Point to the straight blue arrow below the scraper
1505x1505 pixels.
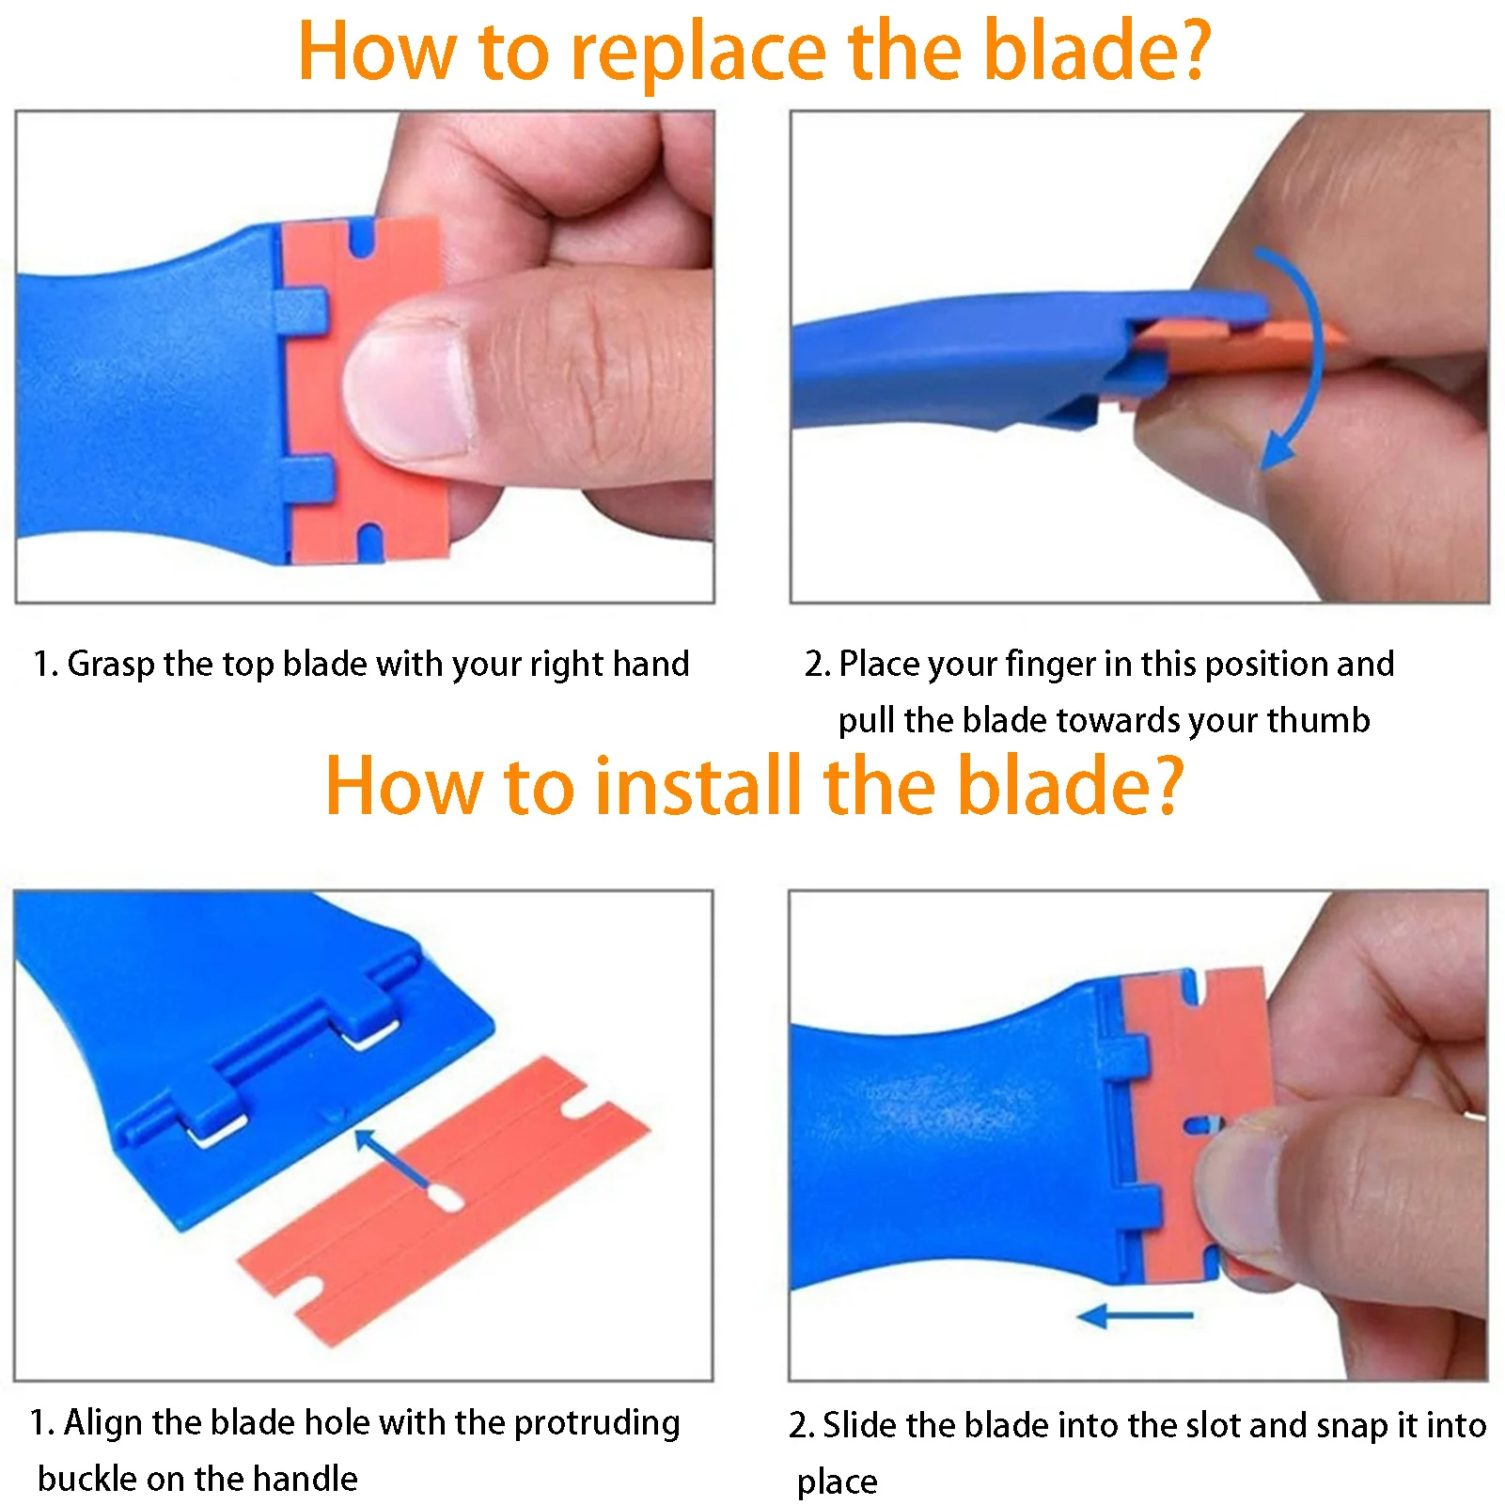[x=1135, y=1316]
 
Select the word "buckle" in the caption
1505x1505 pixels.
[x=87, y=1479]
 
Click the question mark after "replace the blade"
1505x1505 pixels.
[x=1193, y=51]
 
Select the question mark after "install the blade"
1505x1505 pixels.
[x=1166, y=785]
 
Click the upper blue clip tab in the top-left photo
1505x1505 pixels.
[x=301, y=310]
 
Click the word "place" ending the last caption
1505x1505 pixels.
[x=837, y=1482]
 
